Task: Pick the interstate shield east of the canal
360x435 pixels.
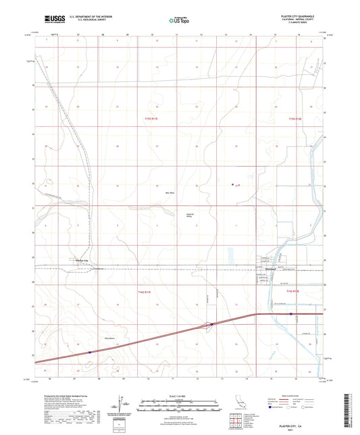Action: coord(290,314)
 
